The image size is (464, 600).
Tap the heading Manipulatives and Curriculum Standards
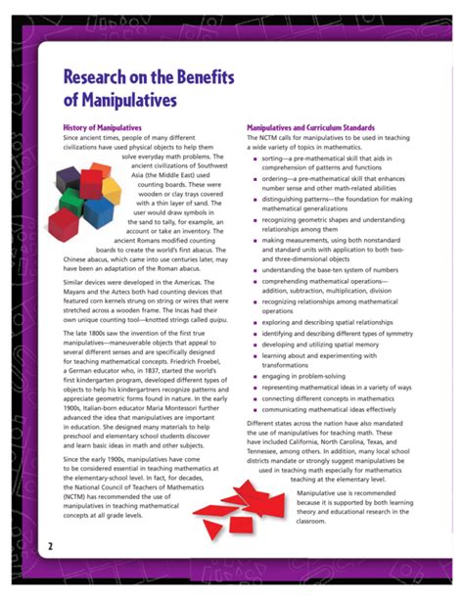(309, 128)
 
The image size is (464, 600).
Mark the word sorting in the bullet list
(276, 158)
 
